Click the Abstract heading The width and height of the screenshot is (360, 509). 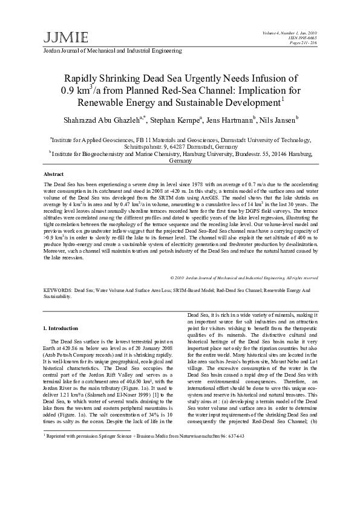(x=55, y=173)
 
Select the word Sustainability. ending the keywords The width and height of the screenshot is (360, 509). (x=58, y=297)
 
